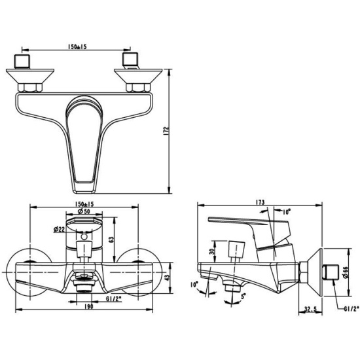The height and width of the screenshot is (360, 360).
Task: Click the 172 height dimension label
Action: [167, 132]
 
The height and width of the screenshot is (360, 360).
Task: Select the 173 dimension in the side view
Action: [260, 202]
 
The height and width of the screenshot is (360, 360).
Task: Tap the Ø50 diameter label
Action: [84, 211]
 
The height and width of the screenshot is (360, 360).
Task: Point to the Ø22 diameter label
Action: [59, 229]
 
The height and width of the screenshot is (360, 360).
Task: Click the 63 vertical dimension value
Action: [111, 240]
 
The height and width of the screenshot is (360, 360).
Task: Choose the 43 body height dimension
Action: [168, 278]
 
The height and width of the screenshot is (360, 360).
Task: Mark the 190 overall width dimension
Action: [89, 306]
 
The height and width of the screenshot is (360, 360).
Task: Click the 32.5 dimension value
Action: [310, 309]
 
